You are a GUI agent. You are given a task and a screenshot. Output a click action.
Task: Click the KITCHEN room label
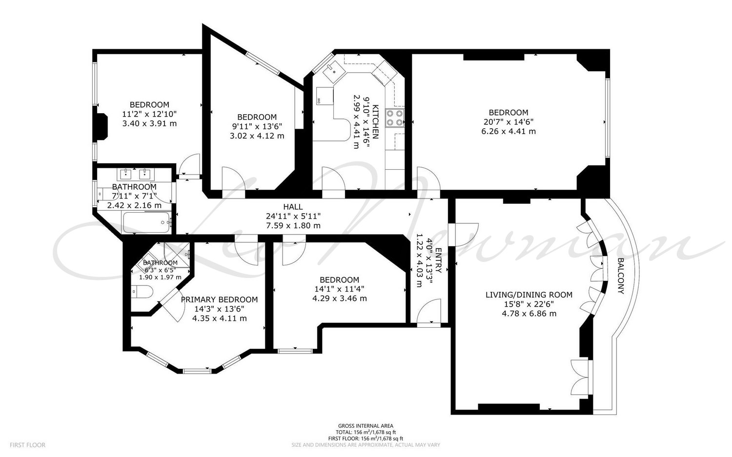(375, 121)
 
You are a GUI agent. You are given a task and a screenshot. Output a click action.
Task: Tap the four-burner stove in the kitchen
(395, 118)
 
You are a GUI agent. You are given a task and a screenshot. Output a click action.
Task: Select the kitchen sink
(332, 71)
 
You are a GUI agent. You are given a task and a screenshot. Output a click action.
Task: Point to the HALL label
(293, 207)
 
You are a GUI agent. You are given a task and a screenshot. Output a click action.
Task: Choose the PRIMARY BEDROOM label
(219, 299)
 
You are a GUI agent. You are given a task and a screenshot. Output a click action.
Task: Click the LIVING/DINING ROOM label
(529, 295)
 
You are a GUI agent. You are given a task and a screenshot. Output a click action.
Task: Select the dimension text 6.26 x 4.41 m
(508, 131)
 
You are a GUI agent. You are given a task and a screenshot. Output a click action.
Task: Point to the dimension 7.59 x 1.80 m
(293, 225)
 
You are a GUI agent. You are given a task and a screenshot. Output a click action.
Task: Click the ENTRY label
(438, 260)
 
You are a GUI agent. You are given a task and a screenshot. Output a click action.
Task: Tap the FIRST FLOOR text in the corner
(27, 445)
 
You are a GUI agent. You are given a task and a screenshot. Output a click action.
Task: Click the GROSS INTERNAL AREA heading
(366, 426)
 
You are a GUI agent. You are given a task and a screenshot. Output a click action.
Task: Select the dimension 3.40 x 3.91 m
(149, 123)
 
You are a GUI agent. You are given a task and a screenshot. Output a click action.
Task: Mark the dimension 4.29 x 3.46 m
(340, 298)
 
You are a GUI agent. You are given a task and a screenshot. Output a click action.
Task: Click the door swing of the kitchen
(333, 178)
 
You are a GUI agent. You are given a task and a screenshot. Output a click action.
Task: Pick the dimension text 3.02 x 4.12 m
(257, 136)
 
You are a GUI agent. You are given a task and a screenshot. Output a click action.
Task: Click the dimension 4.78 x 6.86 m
(529, 314)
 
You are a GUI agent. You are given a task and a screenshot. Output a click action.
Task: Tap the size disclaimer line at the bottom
(366, 445)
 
